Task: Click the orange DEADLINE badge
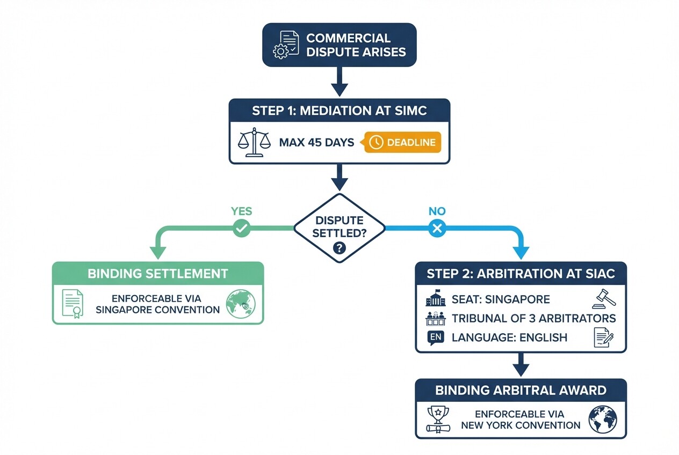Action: tap(402, 142)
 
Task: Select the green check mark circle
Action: tap(241, 229)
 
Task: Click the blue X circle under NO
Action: tap(437, 229)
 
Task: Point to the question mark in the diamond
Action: tap(339, 248)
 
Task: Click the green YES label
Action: tap(241, 211)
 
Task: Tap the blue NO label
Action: tap(437, 211)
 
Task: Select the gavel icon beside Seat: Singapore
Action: tap(604, 298)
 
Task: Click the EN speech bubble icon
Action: tap(435, 337)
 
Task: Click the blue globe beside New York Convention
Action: tap(603, 419)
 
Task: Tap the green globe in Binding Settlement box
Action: tap(240, 304)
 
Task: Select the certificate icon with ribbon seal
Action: tap(73, 304)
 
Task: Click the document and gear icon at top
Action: tap(286, 45)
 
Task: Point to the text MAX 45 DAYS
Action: tap(316, 143)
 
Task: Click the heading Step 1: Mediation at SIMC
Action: tap(339, 111)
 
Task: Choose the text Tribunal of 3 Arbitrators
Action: tap(533, 318)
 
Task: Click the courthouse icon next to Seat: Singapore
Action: tap(436, 299)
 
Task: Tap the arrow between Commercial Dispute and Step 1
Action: tap(339, 83)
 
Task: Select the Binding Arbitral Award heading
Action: tap(521, 390)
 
